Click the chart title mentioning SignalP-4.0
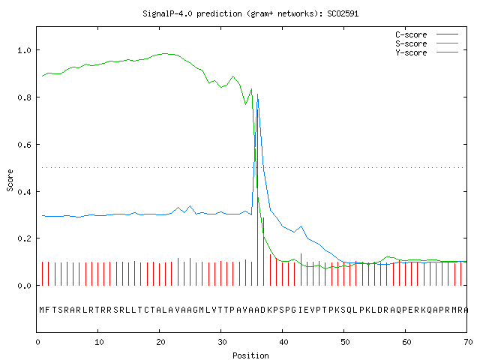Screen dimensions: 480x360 (250, 13)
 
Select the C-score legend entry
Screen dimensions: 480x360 (427, 34)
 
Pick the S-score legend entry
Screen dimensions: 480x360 (427, 43)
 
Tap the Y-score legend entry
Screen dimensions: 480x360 (427, 52)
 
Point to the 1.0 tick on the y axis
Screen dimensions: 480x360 (24, 50)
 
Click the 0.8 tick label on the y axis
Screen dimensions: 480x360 (24, 97)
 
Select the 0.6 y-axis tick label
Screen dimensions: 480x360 (24, 145)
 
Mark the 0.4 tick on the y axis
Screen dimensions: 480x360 (24, 192)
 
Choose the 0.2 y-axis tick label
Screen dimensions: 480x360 (24, 238)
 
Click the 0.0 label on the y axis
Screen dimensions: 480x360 (24, 286)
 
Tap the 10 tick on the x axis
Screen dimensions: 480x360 (99, 342)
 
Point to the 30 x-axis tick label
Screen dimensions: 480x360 (222, 342)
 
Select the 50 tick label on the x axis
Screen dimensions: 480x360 (345, 342)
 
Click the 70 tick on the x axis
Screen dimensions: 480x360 (468, 342)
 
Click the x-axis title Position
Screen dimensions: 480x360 (250, 355)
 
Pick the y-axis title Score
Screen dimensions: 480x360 (10, 180)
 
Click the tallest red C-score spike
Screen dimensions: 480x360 (258, 197)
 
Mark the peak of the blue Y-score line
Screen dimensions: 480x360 (258, 94)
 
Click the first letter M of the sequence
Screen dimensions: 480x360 (42, 310)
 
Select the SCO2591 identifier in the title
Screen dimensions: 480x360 (343, 13)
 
